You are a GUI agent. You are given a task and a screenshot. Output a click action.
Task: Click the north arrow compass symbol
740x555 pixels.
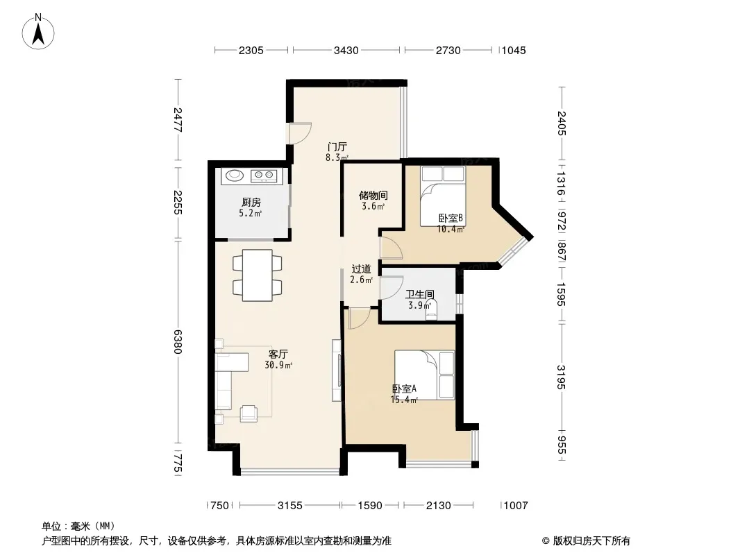pos(38,32)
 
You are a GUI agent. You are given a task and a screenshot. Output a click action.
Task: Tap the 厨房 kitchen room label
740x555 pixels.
pos(251,203)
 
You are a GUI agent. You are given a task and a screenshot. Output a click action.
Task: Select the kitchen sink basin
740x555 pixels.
pos(235,176)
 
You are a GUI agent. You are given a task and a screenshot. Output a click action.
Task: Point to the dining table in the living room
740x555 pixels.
pos(258,275)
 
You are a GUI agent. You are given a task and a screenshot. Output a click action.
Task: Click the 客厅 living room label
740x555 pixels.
pos(278,354)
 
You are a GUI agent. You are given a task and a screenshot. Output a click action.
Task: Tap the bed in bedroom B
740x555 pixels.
pos(443,197)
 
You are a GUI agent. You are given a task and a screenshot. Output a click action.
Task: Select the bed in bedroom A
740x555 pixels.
pos(424,375)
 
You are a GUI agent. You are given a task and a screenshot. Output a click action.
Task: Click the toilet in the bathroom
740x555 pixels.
pos(431,311)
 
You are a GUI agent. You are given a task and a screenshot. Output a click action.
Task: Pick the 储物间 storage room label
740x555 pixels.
pos(373,195)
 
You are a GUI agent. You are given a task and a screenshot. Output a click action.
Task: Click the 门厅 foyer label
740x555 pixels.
pos(337,146)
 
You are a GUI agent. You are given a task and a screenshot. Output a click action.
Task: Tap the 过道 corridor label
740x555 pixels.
pos(362,268)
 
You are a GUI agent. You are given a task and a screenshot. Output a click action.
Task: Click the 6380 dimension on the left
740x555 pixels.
pos(178,341)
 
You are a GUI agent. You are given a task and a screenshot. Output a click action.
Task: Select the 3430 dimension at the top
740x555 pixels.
pos(346,51)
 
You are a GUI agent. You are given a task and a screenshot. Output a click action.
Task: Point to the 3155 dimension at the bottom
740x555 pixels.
pos(289,506)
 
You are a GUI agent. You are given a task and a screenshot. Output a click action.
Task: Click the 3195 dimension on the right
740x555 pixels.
pos(561,377)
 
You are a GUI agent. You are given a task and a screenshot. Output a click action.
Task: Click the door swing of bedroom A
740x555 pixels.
pos(360,318)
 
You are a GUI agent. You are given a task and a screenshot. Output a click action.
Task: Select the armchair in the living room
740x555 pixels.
pos(249,413)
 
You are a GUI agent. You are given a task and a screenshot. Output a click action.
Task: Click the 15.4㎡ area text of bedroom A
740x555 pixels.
pos(404,400)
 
